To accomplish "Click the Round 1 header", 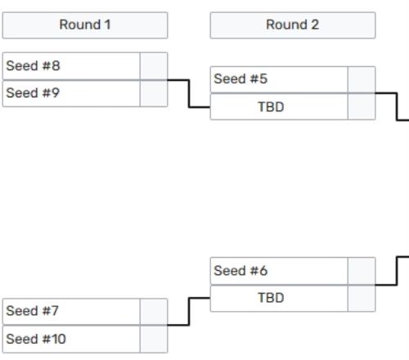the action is click(x=85, y=25).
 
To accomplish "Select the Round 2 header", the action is click(x=293, y=25).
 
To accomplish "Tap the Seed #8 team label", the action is click(x=33, y=65).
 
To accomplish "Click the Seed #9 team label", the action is click(x=33, y=92).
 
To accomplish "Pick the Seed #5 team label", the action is click(x=240, y=79).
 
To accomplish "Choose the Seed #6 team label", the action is click(x=240, y=271).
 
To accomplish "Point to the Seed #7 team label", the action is click(x=32, y=311).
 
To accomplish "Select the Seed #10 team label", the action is click(x=36, y=339).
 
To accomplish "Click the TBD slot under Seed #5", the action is click(x=271, y=107).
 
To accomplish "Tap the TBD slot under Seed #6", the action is click(x=271, y=298).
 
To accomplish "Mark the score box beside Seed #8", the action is click(x=154, y=66).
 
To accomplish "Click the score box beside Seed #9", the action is click(x=154, y=93).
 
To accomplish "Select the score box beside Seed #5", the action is click(x=362, y=79).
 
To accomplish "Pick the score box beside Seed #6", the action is click(x=362, y=271).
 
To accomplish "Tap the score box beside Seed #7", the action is click(x=154, y=312).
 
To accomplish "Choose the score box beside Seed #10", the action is click(x=154, y=339).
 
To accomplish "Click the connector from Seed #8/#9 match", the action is click(x=189, y=93).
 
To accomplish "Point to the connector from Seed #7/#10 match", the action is click(x=189, y=312).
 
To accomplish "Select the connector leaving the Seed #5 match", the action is click(x=397, y=106).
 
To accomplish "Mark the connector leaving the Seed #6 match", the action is click(x=397, y=271).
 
